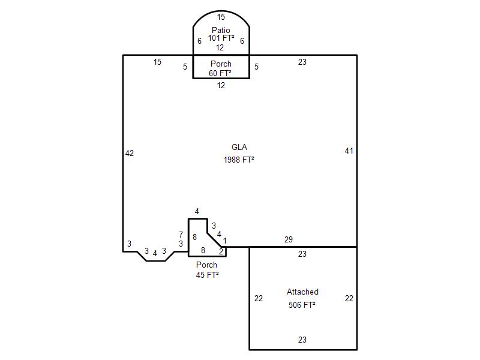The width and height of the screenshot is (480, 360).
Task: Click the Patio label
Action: click(221, 30)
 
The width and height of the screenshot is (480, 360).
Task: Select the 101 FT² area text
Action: click(221, 38)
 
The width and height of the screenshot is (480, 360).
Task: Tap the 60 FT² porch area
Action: click(220, 73)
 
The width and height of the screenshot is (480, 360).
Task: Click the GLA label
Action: click(239, 147)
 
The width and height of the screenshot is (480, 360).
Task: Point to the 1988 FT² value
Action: click(239, 160)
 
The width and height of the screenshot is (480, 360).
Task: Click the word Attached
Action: click(302, 292)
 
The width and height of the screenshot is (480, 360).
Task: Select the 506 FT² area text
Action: click(302, 305)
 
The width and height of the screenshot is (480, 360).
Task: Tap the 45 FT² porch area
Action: click(207, 275)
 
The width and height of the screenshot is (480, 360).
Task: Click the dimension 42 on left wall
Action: click(130, 153)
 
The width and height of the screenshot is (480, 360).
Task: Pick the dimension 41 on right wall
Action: click(349, 151)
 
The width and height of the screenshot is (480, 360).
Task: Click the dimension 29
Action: click(289, 239)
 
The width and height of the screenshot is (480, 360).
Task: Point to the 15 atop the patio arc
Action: click(221, 17)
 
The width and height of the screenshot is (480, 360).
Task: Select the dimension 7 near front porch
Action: click(181, 235)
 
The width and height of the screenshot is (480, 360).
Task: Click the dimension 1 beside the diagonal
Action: click(224, 241)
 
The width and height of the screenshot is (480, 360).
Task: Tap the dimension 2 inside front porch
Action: click(221, 251)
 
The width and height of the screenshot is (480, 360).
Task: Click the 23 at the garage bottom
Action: click(302, 340)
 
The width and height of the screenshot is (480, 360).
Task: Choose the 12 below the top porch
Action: click(221, 85)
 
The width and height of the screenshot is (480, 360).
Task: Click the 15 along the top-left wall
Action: click(157, 62)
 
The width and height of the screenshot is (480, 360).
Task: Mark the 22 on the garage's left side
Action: click(259, 298)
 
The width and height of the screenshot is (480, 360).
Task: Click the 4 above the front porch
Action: click(197, 211)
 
